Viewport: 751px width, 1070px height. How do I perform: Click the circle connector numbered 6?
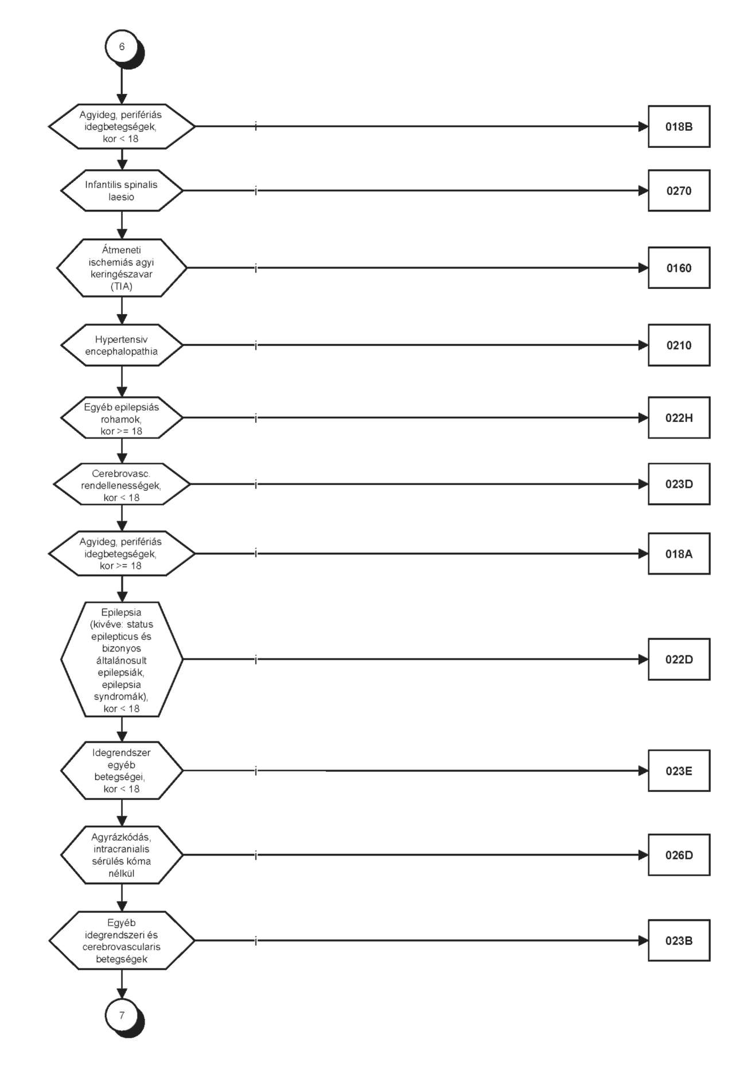122,46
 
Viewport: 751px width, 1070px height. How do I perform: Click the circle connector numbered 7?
122,1016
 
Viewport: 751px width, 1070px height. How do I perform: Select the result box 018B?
679,127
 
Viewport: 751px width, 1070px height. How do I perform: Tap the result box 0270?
679,191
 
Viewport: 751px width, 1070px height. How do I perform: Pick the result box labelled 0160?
679,268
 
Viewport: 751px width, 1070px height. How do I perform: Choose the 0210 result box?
679,345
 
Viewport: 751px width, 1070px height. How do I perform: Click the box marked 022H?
679,418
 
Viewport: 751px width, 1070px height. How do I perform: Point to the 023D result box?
679,485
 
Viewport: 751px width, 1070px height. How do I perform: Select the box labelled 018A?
679,554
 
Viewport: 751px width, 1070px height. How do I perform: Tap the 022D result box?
679,659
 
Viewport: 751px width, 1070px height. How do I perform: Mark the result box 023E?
679,771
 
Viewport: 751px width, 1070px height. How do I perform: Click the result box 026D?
679,855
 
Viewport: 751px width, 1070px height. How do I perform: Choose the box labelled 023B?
679,941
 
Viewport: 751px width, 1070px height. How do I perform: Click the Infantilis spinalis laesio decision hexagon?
122,190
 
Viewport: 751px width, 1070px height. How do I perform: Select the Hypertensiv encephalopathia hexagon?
122,345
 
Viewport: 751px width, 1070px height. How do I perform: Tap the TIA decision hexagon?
122,268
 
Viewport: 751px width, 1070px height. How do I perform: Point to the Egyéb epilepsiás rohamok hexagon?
122,418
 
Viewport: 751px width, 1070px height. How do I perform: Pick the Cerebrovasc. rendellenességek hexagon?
122,485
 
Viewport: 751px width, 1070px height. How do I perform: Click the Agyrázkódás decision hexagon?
122,855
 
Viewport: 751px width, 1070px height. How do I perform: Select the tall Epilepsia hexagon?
122,659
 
